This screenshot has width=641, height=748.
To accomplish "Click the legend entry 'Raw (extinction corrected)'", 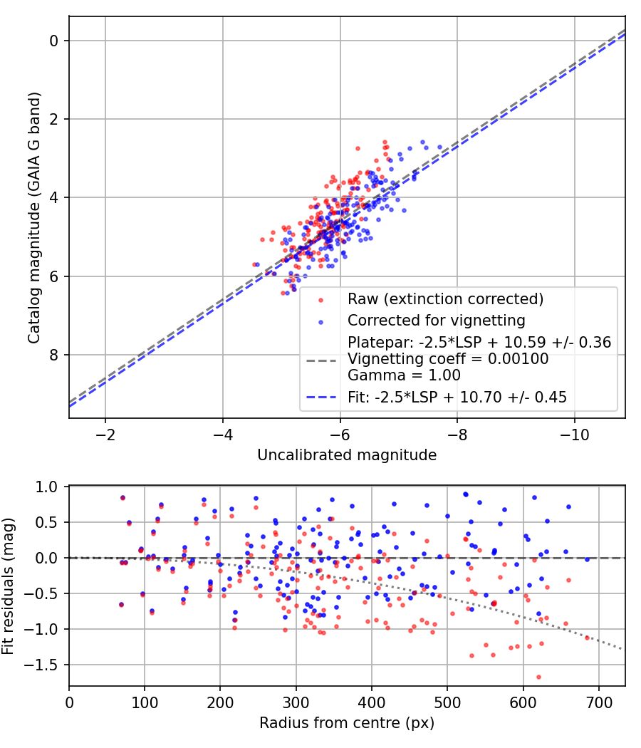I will click(x=445, y=298).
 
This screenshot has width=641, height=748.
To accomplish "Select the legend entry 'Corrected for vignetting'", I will click(x=436, y=320).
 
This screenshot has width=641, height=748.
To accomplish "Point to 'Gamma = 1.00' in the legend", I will click(x=404, y=375).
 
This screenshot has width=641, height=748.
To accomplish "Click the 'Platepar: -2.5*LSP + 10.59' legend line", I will click(x=479, y=343).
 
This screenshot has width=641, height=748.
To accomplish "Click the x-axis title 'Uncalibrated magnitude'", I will click(x=347, y=454).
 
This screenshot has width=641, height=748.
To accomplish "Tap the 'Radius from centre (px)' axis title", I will click(x=347, y=723).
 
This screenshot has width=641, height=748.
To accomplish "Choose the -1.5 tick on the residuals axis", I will click(x=44, y=665).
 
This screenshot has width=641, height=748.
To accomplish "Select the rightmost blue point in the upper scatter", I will click(x=439, y=147).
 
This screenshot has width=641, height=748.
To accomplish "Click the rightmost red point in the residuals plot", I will click(x=588, y=638).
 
